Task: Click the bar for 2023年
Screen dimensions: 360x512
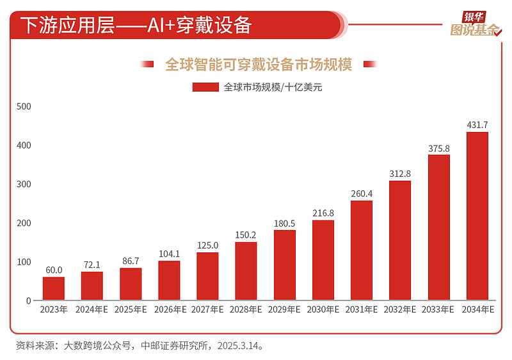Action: [54, 288]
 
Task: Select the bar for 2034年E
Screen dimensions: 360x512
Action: [477, 216]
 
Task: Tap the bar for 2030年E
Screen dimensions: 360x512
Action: [323, 260]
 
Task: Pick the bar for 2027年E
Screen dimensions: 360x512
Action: [207, 276]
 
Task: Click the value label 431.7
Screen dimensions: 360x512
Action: [477, 124]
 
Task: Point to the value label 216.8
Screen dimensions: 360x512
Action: [323, 213]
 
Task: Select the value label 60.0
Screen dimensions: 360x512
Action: [54, 270]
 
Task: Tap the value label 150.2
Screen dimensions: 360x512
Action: [246, 234]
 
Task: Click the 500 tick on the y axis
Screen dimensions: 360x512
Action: [24, 106]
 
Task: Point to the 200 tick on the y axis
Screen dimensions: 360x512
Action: [24, 223]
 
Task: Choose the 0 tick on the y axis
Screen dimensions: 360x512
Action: [28, 300]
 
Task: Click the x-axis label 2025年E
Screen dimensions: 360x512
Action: [131, 310]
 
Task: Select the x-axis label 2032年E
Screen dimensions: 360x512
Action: [400, 310]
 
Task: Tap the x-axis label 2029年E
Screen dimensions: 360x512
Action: [285, 310]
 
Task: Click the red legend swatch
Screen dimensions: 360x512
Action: [206, 87]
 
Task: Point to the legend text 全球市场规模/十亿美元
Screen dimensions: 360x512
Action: [273, 88]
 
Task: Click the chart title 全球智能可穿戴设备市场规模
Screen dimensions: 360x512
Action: [259, 64]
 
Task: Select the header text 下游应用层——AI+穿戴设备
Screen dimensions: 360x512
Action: [136, 25]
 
